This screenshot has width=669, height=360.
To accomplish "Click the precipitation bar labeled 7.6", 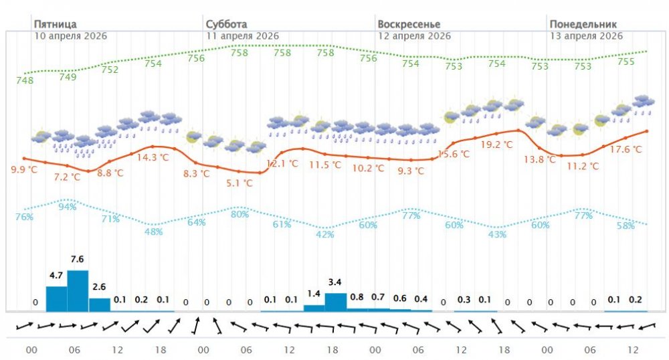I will [78, 290].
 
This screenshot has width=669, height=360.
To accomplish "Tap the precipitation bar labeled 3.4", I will [335, 302].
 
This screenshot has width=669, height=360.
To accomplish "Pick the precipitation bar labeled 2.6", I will [99, 304].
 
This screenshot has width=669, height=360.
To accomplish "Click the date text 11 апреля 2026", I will [242, 36].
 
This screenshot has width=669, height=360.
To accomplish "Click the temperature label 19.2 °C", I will [496, 145].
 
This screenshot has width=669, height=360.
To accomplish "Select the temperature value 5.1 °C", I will [239, 183].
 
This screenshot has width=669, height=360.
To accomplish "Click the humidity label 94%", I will [68, 207].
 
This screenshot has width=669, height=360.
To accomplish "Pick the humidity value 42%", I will [325, 234].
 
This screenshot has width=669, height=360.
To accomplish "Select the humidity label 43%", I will [497, 234].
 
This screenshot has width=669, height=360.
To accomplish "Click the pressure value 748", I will [25, 81].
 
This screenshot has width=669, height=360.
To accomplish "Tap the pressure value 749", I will [68, 76].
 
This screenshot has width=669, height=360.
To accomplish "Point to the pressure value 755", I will [626, 62].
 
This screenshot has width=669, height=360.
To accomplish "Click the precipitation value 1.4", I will [314, 294].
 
